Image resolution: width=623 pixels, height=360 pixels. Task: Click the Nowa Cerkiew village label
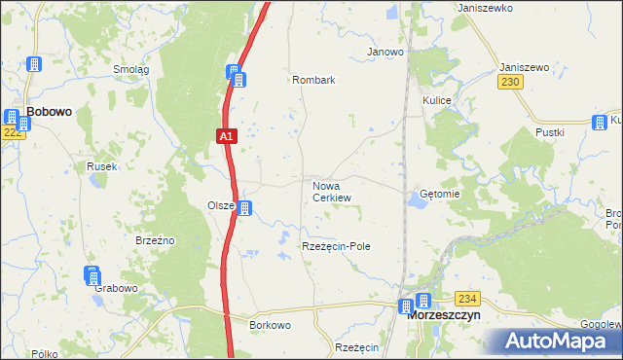pyautogui.click(x=331, y=191)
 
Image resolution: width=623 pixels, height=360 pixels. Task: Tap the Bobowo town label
pyautogui.click(x=50, y=112)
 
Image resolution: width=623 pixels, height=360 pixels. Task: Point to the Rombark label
pyautogui.click(x=312, y=80)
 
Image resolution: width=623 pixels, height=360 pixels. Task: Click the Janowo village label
pyautogui.click(x=385, y=52)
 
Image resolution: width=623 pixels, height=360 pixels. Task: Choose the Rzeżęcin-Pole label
pyautogui.click(x=336, y=247)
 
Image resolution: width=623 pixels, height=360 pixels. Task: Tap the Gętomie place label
pyautogui.click(x=439, y=194)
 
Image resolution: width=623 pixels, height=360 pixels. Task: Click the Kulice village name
pyautogui.click(x=435, y=100)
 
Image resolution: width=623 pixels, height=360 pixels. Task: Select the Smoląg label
pyautogui.click(x=130, y=69)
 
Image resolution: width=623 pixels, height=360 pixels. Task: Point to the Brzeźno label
pyautogui.click(x=154, y=239)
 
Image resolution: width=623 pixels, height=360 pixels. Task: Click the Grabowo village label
pyautogui.click(x=115, y=289)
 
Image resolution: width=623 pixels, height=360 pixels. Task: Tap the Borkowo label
pyautogui.click(x=270, y=324)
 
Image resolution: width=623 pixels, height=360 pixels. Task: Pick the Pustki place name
pyautogui.click(x=550, y=131)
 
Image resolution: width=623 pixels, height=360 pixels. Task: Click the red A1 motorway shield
pyautogui.click(x=225, y=137)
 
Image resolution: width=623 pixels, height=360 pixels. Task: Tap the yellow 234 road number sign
pyautogui.click(x=468, y=298)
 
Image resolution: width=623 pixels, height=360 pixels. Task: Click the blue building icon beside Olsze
pyautogui.click(x=246, y=208)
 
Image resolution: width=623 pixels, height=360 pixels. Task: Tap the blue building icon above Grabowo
pyautogui.click(x=92, y=274)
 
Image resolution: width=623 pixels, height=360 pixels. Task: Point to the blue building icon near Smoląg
pyautogui.click(x=34, y=64)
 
